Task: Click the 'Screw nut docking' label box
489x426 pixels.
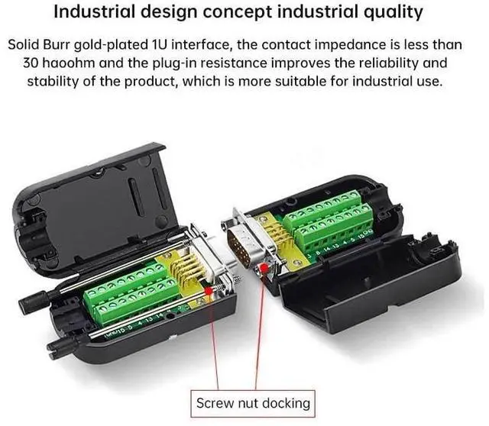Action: click(253, 404)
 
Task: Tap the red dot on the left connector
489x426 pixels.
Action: click(209, 291)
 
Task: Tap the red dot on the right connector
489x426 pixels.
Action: click(264, 267)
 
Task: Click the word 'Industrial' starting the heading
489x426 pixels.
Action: click(94, 12)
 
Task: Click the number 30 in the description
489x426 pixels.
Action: click(31, 63)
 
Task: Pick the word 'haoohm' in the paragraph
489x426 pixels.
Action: click(69, 63)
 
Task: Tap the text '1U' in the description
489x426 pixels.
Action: click(160, 45)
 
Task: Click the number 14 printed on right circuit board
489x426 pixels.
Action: click(326, 250)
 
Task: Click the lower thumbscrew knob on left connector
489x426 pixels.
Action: click(61, 347)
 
